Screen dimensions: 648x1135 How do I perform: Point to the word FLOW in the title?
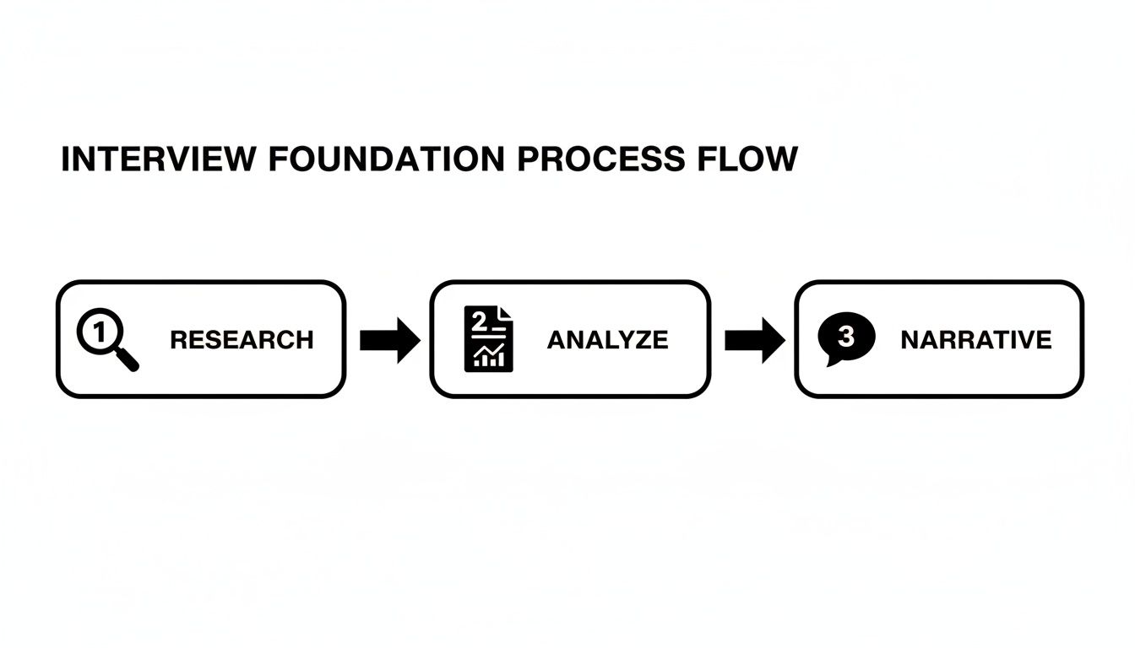[751, 159]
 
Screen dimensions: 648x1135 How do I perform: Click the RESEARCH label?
[242, 340]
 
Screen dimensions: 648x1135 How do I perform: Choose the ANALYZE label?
[607, 340]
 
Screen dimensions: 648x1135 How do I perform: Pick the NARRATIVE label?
[975, 340]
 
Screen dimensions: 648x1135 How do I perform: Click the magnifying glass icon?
[106, 339]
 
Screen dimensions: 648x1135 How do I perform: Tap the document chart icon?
[488, 339]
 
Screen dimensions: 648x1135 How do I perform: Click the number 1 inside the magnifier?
[100, 332]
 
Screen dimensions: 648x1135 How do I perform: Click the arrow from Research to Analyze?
[389, 340]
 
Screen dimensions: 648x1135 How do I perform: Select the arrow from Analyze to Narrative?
[754, 340]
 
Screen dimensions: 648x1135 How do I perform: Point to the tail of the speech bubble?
[832, 361]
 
